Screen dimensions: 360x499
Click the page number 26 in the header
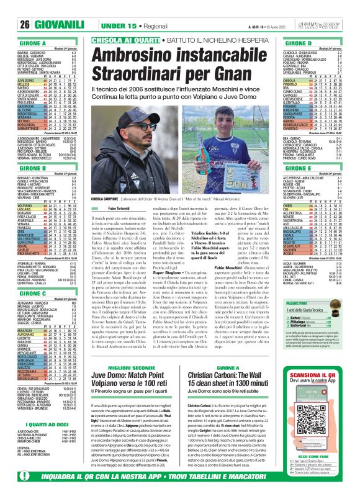8,7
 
